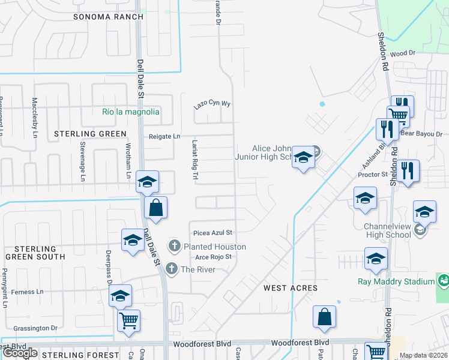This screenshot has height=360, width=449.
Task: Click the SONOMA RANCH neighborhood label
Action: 109,17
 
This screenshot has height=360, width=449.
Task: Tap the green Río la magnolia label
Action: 131,112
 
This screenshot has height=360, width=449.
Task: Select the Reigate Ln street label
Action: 164,137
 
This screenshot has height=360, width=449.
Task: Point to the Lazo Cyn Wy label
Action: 212,104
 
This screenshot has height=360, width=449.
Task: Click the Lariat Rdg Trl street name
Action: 194,160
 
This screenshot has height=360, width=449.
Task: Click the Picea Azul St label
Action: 212,233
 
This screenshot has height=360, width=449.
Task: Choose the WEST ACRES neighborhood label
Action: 291,289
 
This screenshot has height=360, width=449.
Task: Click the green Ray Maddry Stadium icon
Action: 443,280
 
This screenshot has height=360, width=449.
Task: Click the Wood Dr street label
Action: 403,53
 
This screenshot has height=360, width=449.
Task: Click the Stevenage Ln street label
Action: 82,161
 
